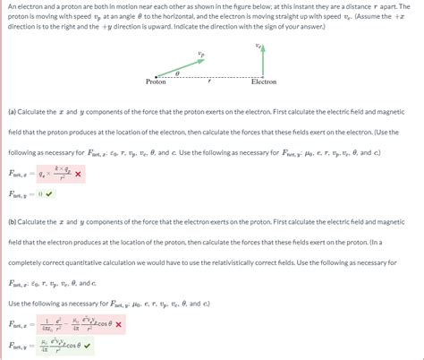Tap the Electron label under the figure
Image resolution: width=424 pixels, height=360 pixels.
pos(264,81)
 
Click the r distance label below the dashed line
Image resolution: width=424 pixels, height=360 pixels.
pos(208,81)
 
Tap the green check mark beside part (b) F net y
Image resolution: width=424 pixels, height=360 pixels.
pos(111,345)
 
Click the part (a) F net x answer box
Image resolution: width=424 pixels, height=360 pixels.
pos(54,174)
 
